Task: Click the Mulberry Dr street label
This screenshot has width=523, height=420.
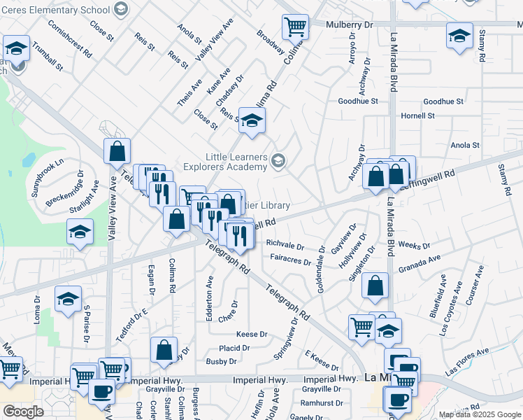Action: [350, 24]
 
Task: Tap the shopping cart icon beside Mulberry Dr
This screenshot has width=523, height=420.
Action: [295, 27]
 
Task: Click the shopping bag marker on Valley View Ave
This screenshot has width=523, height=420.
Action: [117, 150]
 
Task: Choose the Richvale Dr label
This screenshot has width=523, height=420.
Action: [285, 246]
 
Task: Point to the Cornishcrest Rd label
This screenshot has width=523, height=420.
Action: [71, 38]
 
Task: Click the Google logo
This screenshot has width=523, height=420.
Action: [23, 411]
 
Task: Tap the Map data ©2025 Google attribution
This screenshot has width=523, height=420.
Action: [480, 414]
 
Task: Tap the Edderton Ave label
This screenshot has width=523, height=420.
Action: [209, 299]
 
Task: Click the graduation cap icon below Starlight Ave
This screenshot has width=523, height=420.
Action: [80, 232]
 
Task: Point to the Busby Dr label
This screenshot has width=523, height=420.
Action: [221, 362]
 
